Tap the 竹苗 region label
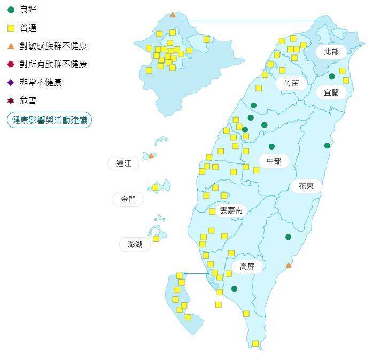(292, 83)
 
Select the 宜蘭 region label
(331, 92)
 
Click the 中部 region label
(274, 161)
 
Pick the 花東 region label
(306, 186)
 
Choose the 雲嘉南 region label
(231, 210)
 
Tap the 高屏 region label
(247, 267)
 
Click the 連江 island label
(123, 163)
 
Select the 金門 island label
(128, 199)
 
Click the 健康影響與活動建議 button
(50, 120)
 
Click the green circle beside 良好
(11, 10)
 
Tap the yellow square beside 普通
(11, 28)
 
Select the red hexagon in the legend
(11, 64)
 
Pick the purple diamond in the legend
(11, 82)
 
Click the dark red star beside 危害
(11, 100)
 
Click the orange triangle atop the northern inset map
(172, 15)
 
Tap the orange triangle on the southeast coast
(289, 265)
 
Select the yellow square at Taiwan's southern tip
(255, 343)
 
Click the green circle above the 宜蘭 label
(331, 76)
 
